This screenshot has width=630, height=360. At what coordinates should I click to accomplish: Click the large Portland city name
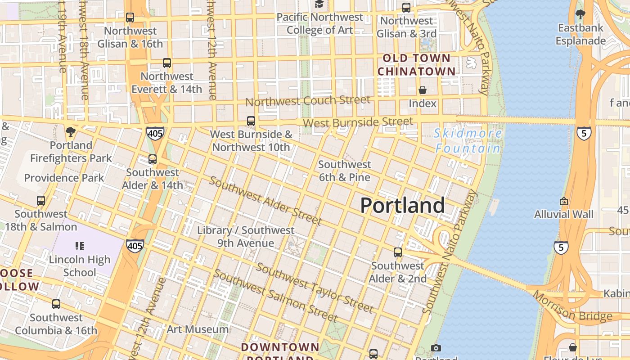403,206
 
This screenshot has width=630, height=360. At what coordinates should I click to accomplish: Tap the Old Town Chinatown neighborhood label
416,65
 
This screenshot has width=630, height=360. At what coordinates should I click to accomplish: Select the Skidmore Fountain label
468,140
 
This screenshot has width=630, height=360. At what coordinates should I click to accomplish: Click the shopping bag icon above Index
422,90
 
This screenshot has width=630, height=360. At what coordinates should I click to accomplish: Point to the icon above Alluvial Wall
563,201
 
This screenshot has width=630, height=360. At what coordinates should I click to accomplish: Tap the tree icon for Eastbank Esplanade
580,14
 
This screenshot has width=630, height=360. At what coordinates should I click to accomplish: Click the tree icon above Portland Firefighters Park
70,132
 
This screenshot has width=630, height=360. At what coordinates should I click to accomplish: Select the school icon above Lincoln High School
80,246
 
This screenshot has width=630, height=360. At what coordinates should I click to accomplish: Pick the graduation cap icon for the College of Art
319,4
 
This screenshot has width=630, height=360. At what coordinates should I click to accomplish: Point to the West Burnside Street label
358,122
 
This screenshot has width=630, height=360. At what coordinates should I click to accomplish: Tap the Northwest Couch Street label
308,101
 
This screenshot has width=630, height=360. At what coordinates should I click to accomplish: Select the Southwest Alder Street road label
265,201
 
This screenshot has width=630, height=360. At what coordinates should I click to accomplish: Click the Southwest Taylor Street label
315,288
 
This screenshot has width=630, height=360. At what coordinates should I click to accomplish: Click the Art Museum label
198,329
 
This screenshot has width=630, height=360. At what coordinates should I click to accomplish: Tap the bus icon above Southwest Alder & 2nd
398,252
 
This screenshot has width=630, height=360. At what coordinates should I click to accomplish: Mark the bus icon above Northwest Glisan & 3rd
406,8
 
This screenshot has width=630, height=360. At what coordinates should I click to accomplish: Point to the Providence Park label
64,178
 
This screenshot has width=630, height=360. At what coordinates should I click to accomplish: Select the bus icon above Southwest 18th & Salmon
41,201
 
